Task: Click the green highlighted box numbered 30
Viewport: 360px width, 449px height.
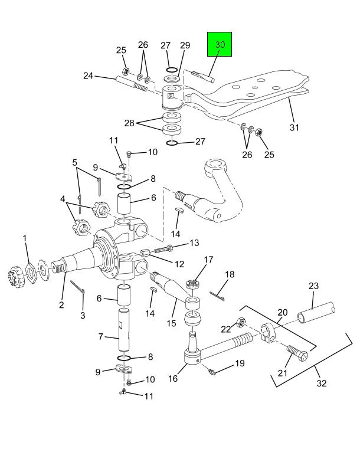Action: click(x=220, y=45)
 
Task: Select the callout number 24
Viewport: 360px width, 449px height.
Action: click(x=89, y=76)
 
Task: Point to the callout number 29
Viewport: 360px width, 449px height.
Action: click(x=185, y=45)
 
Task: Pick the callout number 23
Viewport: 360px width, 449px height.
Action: click(x=313, y=286)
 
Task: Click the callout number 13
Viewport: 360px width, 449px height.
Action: click(x=194, y=243)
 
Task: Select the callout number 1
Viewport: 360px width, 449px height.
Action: click(x=25, y=238)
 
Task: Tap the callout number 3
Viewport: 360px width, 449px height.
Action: click(x=83, y=316)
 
